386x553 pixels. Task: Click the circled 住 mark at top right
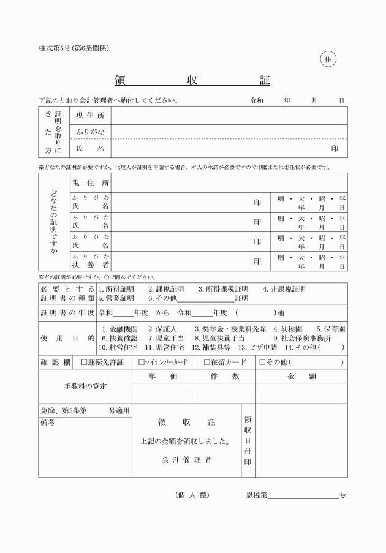pyautogui.click(x=328, y=59)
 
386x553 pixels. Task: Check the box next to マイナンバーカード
pyautogui.click(x=142, y=362)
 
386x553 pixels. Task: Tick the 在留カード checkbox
pyautogui.click(x=207, y=362)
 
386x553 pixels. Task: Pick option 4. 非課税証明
pyautogui.click(x=284, y=289)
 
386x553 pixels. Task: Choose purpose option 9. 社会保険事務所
pyautogui.click(x=301, y=338)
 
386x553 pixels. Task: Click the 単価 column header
pyautogui.click(x=163, y=377)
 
